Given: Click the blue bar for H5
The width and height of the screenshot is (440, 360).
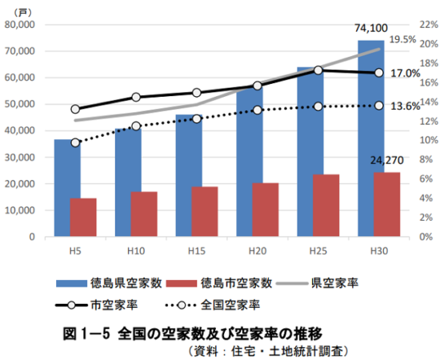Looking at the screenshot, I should pos(66,188).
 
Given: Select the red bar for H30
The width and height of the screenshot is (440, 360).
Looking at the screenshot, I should pos(386,205).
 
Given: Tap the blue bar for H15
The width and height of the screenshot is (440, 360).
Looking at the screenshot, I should pos(189,176).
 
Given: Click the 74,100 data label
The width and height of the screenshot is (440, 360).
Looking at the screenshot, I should pos(370,28).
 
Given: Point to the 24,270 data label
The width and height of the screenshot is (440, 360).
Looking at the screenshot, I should pos(387,160).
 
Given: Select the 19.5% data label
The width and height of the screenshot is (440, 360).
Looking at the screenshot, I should pos(402,39).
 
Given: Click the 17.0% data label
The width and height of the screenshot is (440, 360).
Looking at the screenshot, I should pos(406,73).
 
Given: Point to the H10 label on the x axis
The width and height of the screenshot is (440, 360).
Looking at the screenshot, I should pos(135,250).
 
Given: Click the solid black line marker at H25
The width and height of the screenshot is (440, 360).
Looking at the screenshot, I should pos(318,70).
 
